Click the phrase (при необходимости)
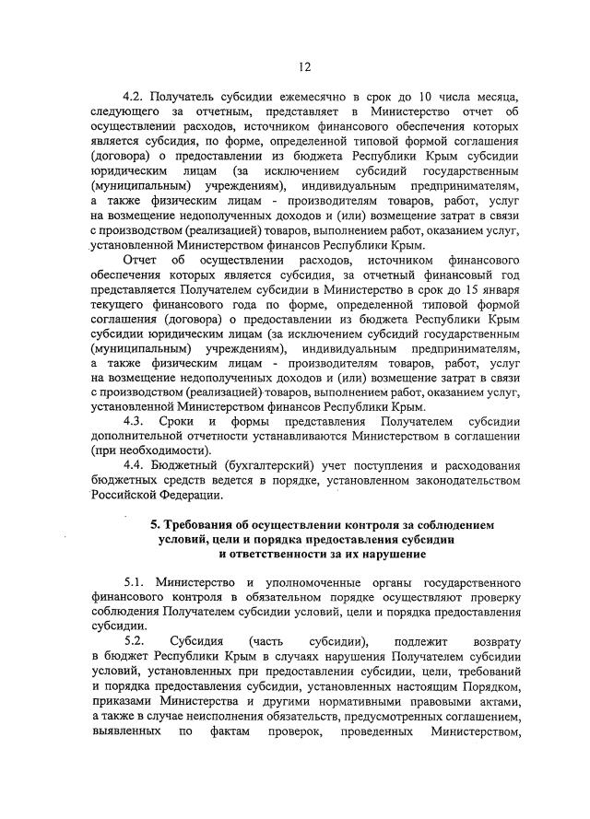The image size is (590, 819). [150, 450]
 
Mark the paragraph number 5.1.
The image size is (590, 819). [136, 582]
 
